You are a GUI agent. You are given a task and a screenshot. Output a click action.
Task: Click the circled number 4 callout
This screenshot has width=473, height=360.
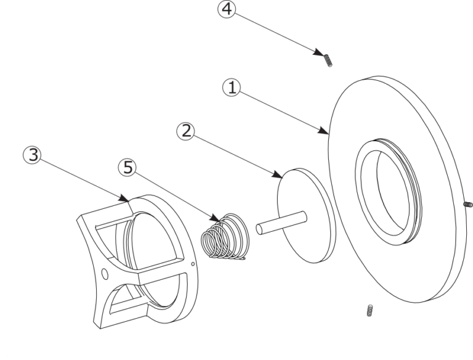[x=227, y=9]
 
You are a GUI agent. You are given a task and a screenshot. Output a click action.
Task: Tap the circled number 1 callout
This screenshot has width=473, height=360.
[x=232, y=88]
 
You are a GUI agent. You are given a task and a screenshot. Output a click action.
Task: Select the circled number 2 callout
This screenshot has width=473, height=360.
[x=186, y=131]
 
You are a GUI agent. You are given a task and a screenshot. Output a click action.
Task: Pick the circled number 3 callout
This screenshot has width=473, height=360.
[x=32, y=155]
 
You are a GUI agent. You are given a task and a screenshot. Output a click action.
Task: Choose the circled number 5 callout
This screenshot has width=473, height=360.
[x=127, y=167]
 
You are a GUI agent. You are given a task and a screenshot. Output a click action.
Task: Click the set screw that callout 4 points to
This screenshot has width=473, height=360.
[x=328, y=60]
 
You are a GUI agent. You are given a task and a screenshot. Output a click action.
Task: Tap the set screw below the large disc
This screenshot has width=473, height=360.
[x=370, y=311]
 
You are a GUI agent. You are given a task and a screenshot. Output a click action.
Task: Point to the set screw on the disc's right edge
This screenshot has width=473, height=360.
[x=468, y=205]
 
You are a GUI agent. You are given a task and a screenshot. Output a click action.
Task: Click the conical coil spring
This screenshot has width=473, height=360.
[x=225, y=236]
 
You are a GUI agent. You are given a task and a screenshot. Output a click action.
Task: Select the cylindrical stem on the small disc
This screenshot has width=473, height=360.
[x=281, y=223]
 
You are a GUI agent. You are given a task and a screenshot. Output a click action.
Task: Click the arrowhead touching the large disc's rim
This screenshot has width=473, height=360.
[x=324, y=130]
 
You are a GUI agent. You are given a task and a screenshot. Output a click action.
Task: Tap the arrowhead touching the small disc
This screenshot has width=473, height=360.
[x=277, y=174]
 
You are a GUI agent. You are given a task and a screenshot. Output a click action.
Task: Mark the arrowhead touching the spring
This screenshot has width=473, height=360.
[x=215, y=217]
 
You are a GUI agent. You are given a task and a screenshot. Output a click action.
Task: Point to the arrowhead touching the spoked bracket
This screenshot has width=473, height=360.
[x=124, y=198]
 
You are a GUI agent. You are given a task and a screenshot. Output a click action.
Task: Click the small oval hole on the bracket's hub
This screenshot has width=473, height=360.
[x=105, y=274]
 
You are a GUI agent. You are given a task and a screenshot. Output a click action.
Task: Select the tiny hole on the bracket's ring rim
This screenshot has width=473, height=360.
[x=193, y=264]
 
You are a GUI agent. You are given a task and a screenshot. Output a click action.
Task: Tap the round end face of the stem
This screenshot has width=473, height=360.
[x=260, y=229]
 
